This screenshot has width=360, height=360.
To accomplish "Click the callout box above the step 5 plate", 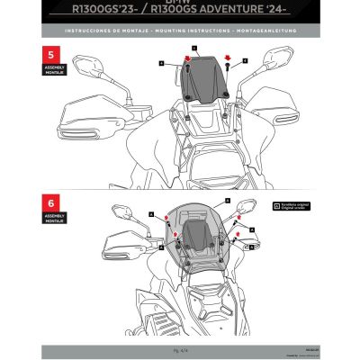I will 193,45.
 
